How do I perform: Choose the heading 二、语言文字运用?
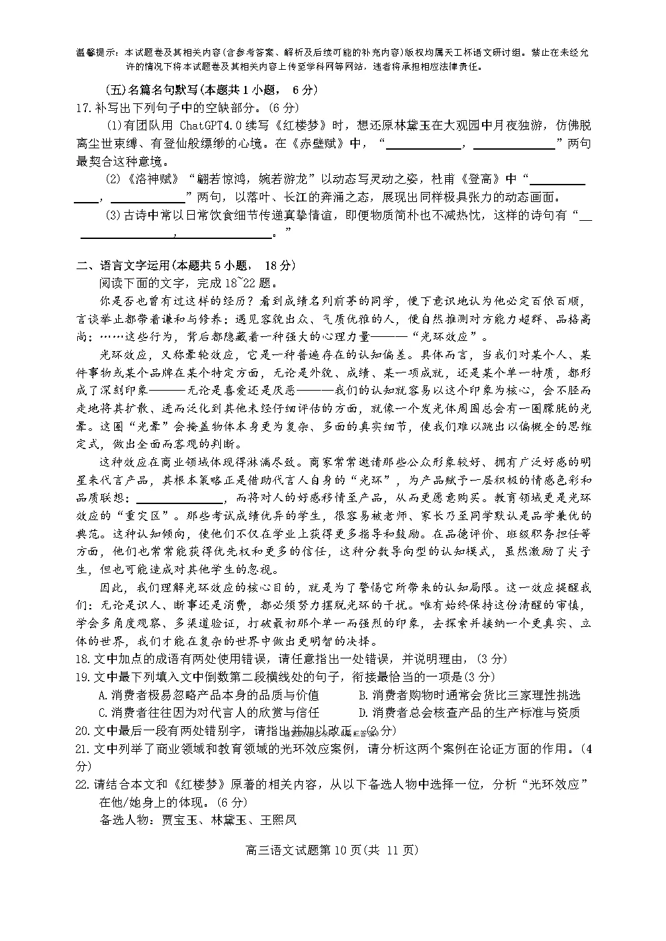123,265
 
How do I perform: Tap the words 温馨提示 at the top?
95,53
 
